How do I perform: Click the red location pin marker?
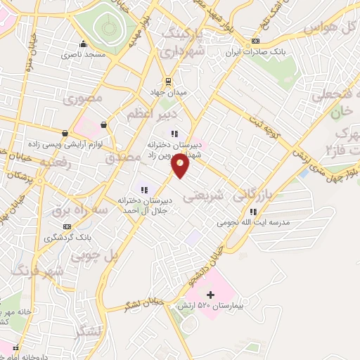(181, 166)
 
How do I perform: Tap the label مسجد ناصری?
(83, 54)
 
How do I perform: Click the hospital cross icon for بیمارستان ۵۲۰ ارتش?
(210, 295)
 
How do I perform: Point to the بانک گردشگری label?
(67, 238)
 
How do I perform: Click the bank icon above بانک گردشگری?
(67, 226)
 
